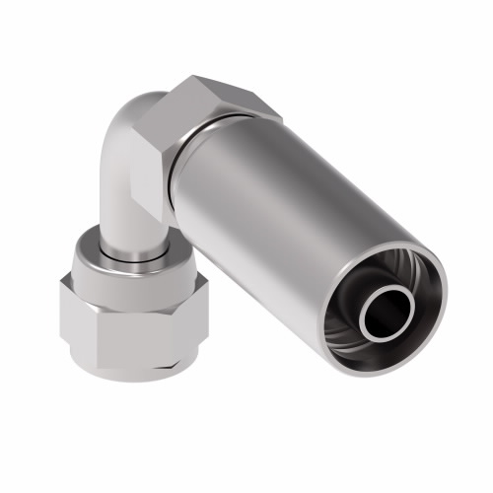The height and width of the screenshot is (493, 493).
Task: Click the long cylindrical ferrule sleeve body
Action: [286, 197]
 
